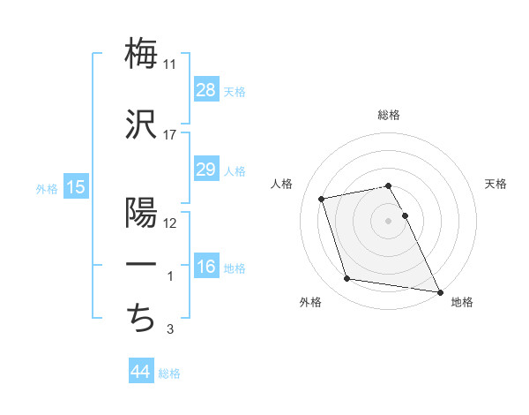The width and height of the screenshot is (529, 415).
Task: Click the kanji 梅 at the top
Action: coord(141,53)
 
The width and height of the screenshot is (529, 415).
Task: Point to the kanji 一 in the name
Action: coord(141,265)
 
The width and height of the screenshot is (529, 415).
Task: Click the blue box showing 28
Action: coord(206,89)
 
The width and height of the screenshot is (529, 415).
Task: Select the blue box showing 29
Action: coord(206,170)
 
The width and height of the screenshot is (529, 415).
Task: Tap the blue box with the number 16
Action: coord(206,268)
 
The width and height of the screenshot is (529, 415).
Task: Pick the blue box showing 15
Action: coord(75,186)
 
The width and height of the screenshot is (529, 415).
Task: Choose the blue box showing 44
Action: coord(141,372)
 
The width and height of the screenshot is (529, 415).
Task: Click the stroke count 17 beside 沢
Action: coord(170,135)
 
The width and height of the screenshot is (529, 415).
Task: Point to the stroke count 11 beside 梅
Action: coord(170,64)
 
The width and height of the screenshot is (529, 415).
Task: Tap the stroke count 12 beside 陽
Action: coord(170,223)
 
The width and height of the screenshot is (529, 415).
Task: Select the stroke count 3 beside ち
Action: coord(170,330)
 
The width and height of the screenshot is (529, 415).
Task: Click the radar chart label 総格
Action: coord(389,116)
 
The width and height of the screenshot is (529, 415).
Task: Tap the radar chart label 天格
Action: coord(496,184)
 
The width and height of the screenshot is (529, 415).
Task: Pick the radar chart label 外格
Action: coord(310,302)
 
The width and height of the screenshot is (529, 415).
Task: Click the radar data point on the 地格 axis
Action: coord(438,290)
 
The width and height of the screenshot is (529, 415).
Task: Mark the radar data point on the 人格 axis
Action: coord(322,198)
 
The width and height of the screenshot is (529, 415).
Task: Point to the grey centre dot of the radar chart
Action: coord(389,220)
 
